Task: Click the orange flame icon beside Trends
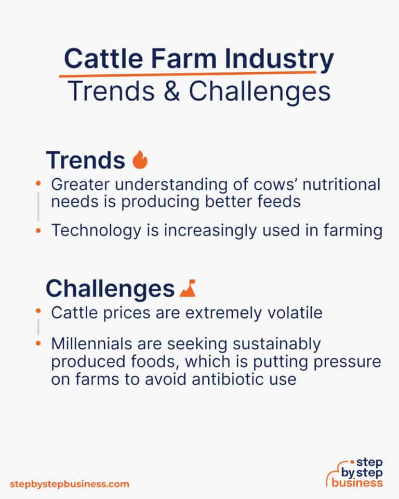coord(140,160)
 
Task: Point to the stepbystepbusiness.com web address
coord(69,484)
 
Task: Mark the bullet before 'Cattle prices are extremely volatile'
coord(38,312)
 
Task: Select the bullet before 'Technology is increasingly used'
coord(38,231)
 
